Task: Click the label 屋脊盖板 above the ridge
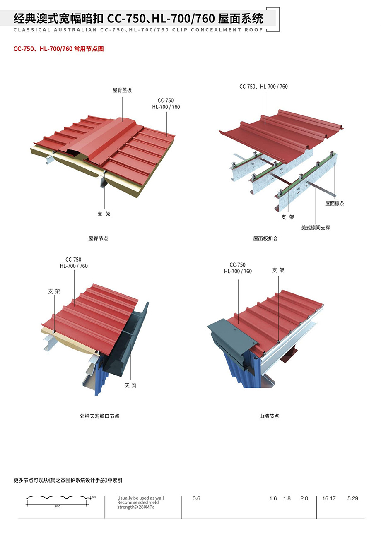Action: click(122, 90)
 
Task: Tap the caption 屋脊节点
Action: click(98, 238)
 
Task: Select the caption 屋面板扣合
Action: click(265, 238)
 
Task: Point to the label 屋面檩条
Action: click(335, 203)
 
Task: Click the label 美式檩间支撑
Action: click(316, 228)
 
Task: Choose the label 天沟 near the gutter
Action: click(130, 386)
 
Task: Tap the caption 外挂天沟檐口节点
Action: click(99, 416)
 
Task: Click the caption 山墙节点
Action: click(269, 416)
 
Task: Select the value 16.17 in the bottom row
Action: click(329, 498)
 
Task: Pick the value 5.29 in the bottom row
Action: click(352, 498)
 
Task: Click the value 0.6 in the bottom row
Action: click(196, 498)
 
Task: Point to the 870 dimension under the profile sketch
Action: click(58, 507)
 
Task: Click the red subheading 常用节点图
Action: click(89, 49)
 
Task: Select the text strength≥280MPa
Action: click(136, 507)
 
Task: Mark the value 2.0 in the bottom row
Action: click(304, 498)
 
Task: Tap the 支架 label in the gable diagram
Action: click(278, 270)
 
